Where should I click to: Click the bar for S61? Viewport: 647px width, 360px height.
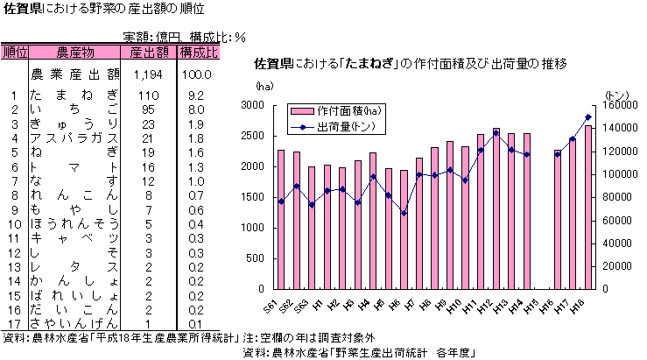tap(280, 219)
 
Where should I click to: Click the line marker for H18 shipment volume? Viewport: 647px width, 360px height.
tap(588, 117)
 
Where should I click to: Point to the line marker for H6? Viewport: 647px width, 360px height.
tap(404, 213)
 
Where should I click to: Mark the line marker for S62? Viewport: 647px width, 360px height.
tap(296, 186)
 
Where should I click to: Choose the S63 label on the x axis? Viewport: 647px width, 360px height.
tap(311, 306)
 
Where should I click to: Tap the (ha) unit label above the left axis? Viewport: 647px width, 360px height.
tap(264, 87)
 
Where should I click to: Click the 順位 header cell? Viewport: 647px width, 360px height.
tap(15, 53)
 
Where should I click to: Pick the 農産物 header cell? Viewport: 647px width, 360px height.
tap(74, 53)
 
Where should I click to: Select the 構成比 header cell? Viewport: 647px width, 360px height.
tap(198, 53)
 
